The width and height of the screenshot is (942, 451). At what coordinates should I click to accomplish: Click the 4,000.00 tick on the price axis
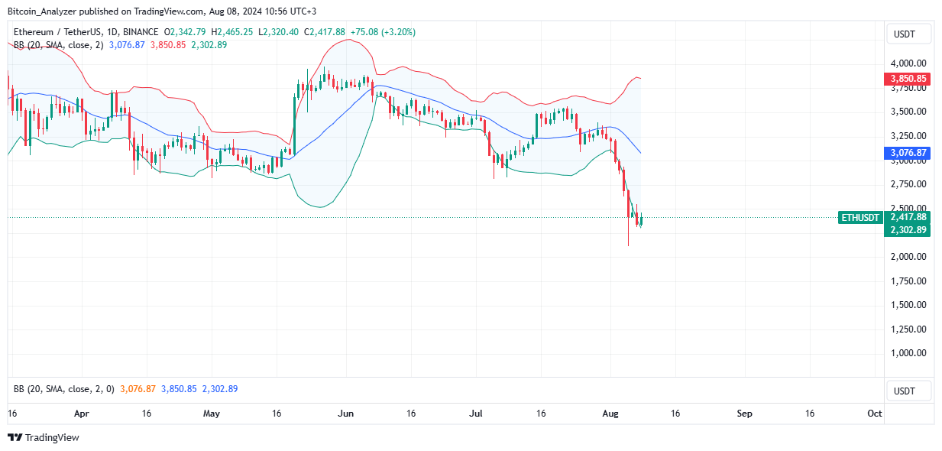pyautogui.click(x=908, y=63)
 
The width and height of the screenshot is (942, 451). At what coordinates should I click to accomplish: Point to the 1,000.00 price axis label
pyautogui.click(x=908, y=353)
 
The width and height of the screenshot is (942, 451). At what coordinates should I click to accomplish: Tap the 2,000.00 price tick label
pyautogui.click(x=908, y=257)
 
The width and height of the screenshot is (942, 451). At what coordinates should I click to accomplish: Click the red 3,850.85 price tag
pyautogui.click(x=908, y=79)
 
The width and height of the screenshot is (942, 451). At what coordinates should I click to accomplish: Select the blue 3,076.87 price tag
pyautogui.click(x=908, y=153)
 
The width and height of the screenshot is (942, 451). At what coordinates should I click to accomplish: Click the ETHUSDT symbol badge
pyautogui.click(x=860, y=218)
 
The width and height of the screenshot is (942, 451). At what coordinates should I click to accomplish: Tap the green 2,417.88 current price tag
pyautogui.click(x=908, y=217)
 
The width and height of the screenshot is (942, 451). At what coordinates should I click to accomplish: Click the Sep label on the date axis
pyautogui.click(x=744, y=414)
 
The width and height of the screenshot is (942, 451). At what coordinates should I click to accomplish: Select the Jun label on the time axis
pyautogui.click(x=345, y=414)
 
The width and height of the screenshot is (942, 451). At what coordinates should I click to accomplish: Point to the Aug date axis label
pyautogui.click(x=610, y=414)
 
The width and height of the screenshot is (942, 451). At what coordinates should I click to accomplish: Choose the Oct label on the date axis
pyautogui.click(x=875, y=414)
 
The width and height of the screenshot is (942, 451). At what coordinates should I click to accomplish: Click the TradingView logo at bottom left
pyautogui.click(x=44, y=438)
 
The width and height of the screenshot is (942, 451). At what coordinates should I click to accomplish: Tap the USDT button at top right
pyautogui.click(x=908, y=34)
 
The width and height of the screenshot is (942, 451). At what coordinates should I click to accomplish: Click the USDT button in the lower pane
pyautogui.click(x=908, y=391)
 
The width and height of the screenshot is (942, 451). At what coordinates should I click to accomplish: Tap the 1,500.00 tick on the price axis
pyautogui.click(x=908, y=305)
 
